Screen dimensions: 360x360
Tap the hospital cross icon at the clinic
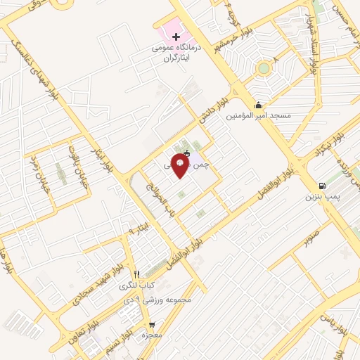(x=176, y=36)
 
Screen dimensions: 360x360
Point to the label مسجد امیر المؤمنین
(x=258, y=115)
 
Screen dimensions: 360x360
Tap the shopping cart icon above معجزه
(x=151, y=325)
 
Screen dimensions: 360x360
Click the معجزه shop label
(x=151, y=335)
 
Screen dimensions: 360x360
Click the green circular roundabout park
(x=264, y=68)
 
